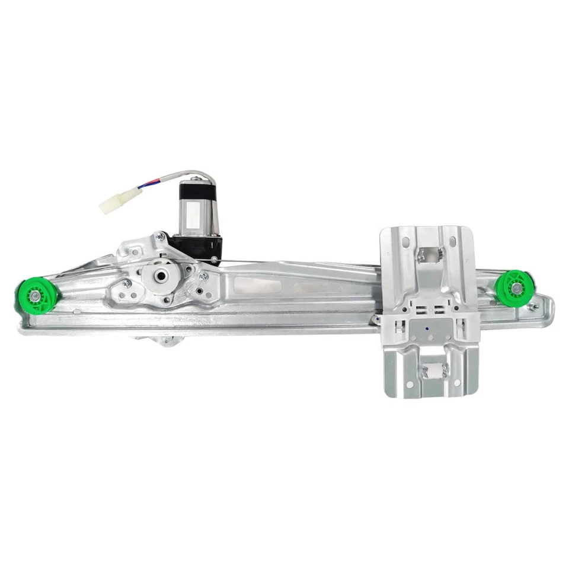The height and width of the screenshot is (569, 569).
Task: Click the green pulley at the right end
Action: click(x=514, y=287)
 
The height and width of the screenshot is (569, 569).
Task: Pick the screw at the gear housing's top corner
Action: click(x=159, y=236)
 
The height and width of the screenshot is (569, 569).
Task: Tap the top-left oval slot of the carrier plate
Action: click(x=407, y=242)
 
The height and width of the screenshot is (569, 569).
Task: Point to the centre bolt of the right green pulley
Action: click(x=517, y=288)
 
